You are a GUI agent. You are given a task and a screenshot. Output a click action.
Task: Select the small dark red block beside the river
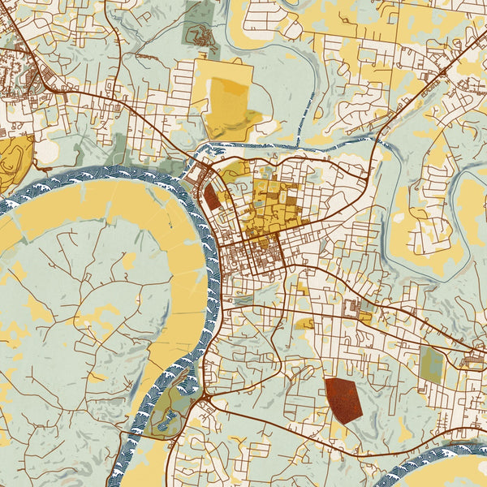coord(211,197)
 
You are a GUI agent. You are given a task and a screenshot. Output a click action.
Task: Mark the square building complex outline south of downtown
coord(352,308)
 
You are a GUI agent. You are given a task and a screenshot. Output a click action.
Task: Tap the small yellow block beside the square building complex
coord(366,317)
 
